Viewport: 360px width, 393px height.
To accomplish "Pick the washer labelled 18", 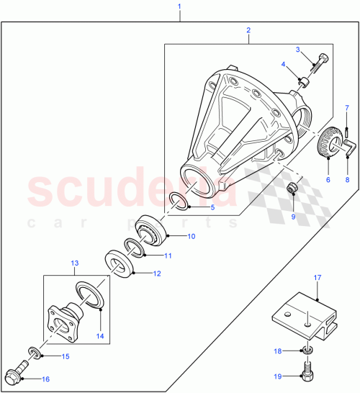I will pos(307,351).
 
